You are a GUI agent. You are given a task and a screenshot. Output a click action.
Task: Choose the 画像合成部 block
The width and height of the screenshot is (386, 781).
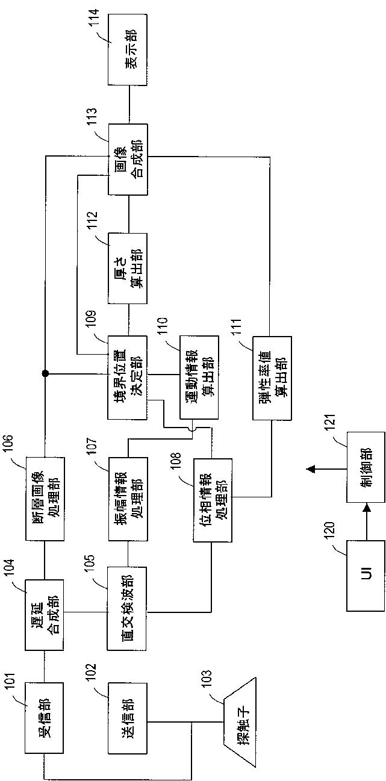tap(128, 159)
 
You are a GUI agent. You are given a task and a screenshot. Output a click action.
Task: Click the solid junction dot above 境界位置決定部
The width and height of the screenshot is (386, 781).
tap(45, 374)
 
